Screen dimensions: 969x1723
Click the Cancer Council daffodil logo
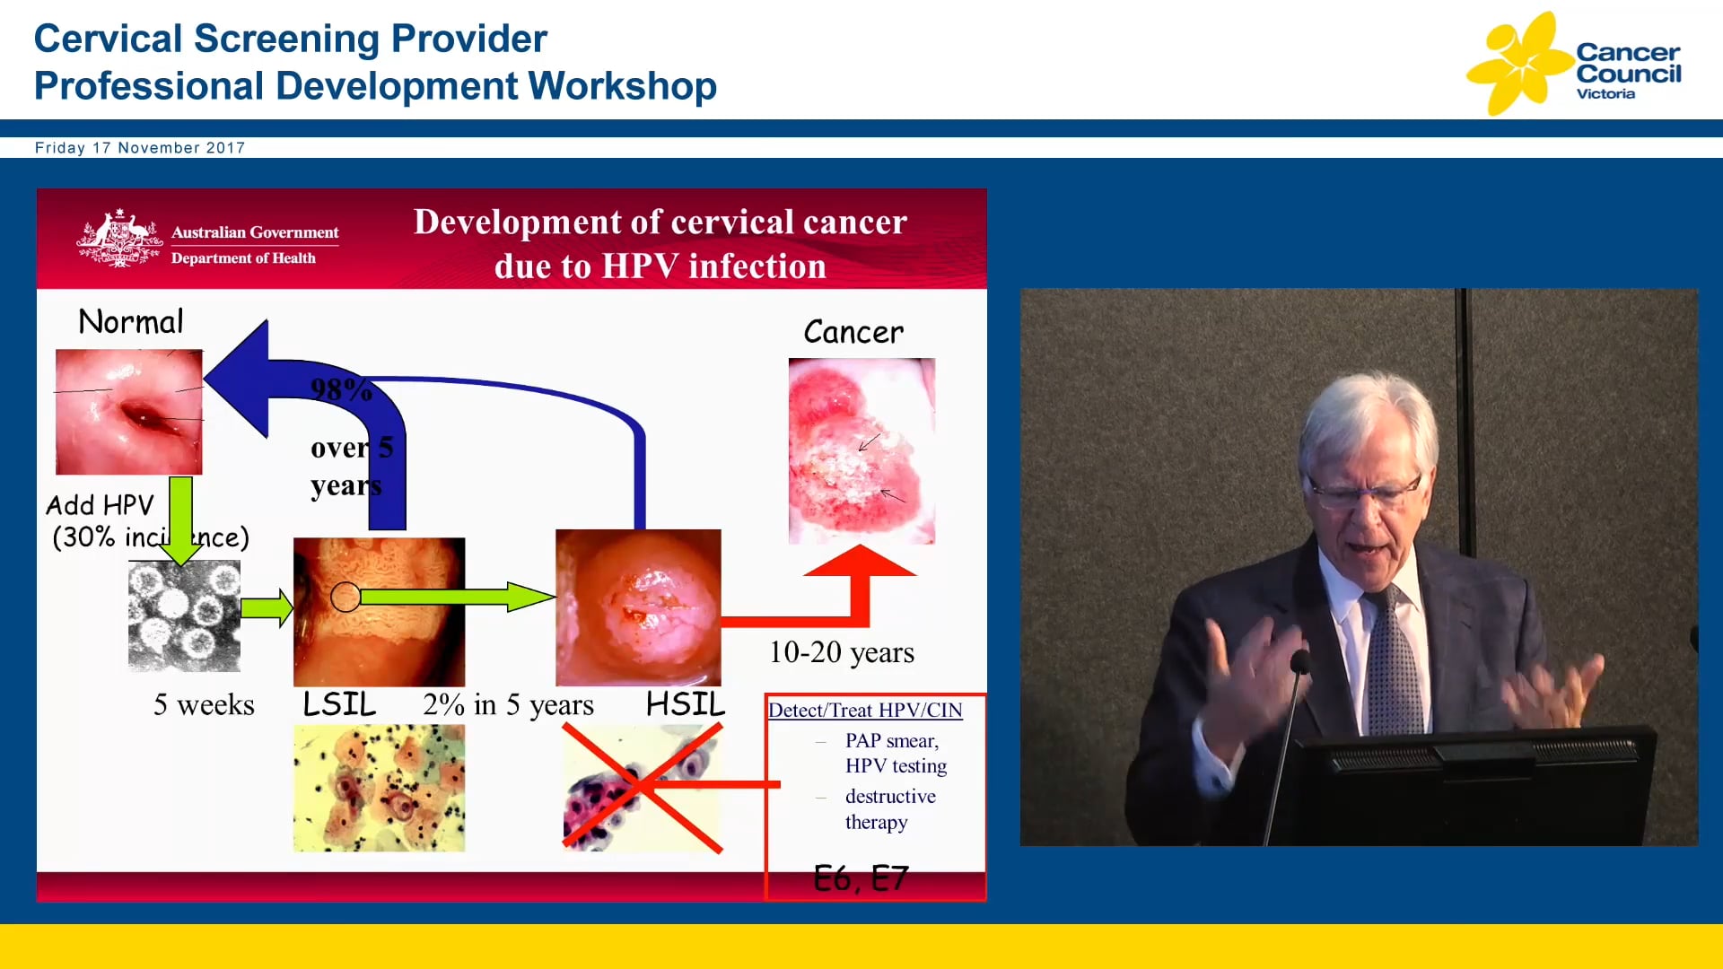[x=1518, y=63]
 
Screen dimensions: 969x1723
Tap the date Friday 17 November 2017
[x=140, y=148]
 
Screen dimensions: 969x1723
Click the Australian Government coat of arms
[x=118, y=240]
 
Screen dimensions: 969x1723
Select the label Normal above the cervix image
[x=131, y=322]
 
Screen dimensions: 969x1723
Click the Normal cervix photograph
[x=128, y=412]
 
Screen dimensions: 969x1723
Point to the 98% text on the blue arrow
[x=340, y=390]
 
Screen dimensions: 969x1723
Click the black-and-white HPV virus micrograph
[x=184, y=616]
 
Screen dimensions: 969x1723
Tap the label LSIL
[x=339, y=704]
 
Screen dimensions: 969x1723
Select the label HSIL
[x=686, y=704]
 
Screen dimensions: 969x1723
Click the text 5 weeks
[x=204, y=705]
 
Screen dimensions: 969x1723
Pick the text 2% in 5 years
[x=508, y=705]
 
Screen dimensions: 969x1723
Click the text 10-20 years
[x=841, y=652]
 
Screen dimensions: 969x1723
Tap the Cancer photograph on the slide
[x=861, y=450]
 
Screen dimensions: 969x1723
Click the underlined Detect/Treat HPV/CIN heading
[x=865, y=711]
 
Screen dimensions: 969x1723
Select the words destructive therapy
[x=889, y=809]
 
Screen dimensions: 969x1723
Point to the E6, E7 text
[x=861, y=878]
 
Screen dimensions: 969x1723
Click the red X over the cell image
[x=641, y=787]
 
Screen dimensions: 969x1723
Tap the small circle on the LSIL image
[x=345, y=597]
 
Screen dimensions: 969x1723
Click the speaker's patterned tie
[x=1393, y=664]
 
